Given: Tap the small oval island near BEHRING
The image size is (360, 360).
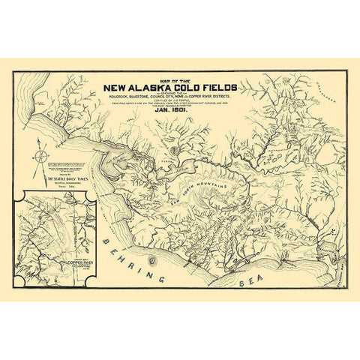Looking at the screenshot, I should (153, 260).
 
